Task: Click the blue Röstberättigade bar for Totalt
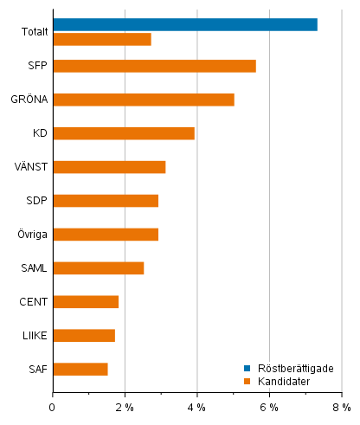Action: click(x=185, y=24)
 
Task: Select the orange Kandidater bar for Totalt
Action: click(x=102, y=39)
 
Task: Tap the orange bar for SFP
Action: click(x=154, y=66)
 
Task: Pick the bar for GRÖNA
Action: click(x=144, y=100)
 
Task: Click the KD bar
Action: click(x=124, y=133)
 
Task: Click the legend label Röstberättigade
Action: click(x=293, y=368)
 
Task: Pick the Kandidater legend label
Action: click(x=282, y=381)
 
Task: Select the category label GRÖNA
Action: click(x=29, y=100)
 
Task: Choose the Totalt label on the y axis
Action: click(x=35, y=32)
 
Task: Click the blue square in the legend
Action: click(x=247, y=368)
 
